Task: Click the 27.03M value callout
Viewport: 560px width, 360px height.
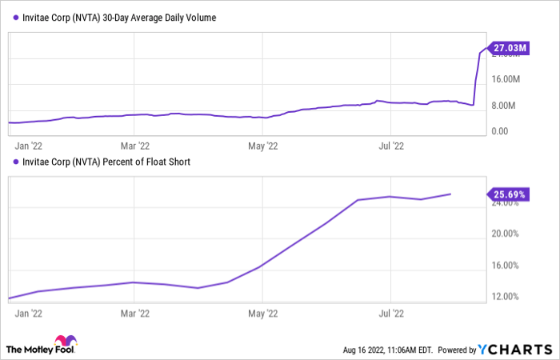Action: point(509,49)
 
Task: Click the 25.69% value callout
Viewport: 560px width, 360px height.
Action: point(508,193)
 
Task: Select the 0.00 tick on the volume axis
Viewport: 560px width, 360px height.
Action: point(500,131)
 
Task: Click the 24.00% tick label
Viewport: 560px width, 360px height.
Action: point(506,202)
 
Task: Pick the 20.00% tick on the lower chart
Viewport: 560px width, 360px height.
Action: point(506,234)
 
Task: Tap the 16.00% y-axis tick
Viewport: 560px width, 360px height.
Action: point(506,266)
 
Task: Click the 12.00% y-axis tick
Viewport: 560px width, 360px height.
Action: point(506,297)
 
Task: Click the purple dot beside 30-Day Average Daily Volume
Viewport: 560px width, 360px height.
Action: point(11,17)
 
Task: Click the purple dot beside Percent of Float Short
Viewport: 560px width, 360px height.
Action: point(11,162)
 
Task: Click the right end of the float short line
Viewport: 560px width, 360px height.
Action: point(450,194)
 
